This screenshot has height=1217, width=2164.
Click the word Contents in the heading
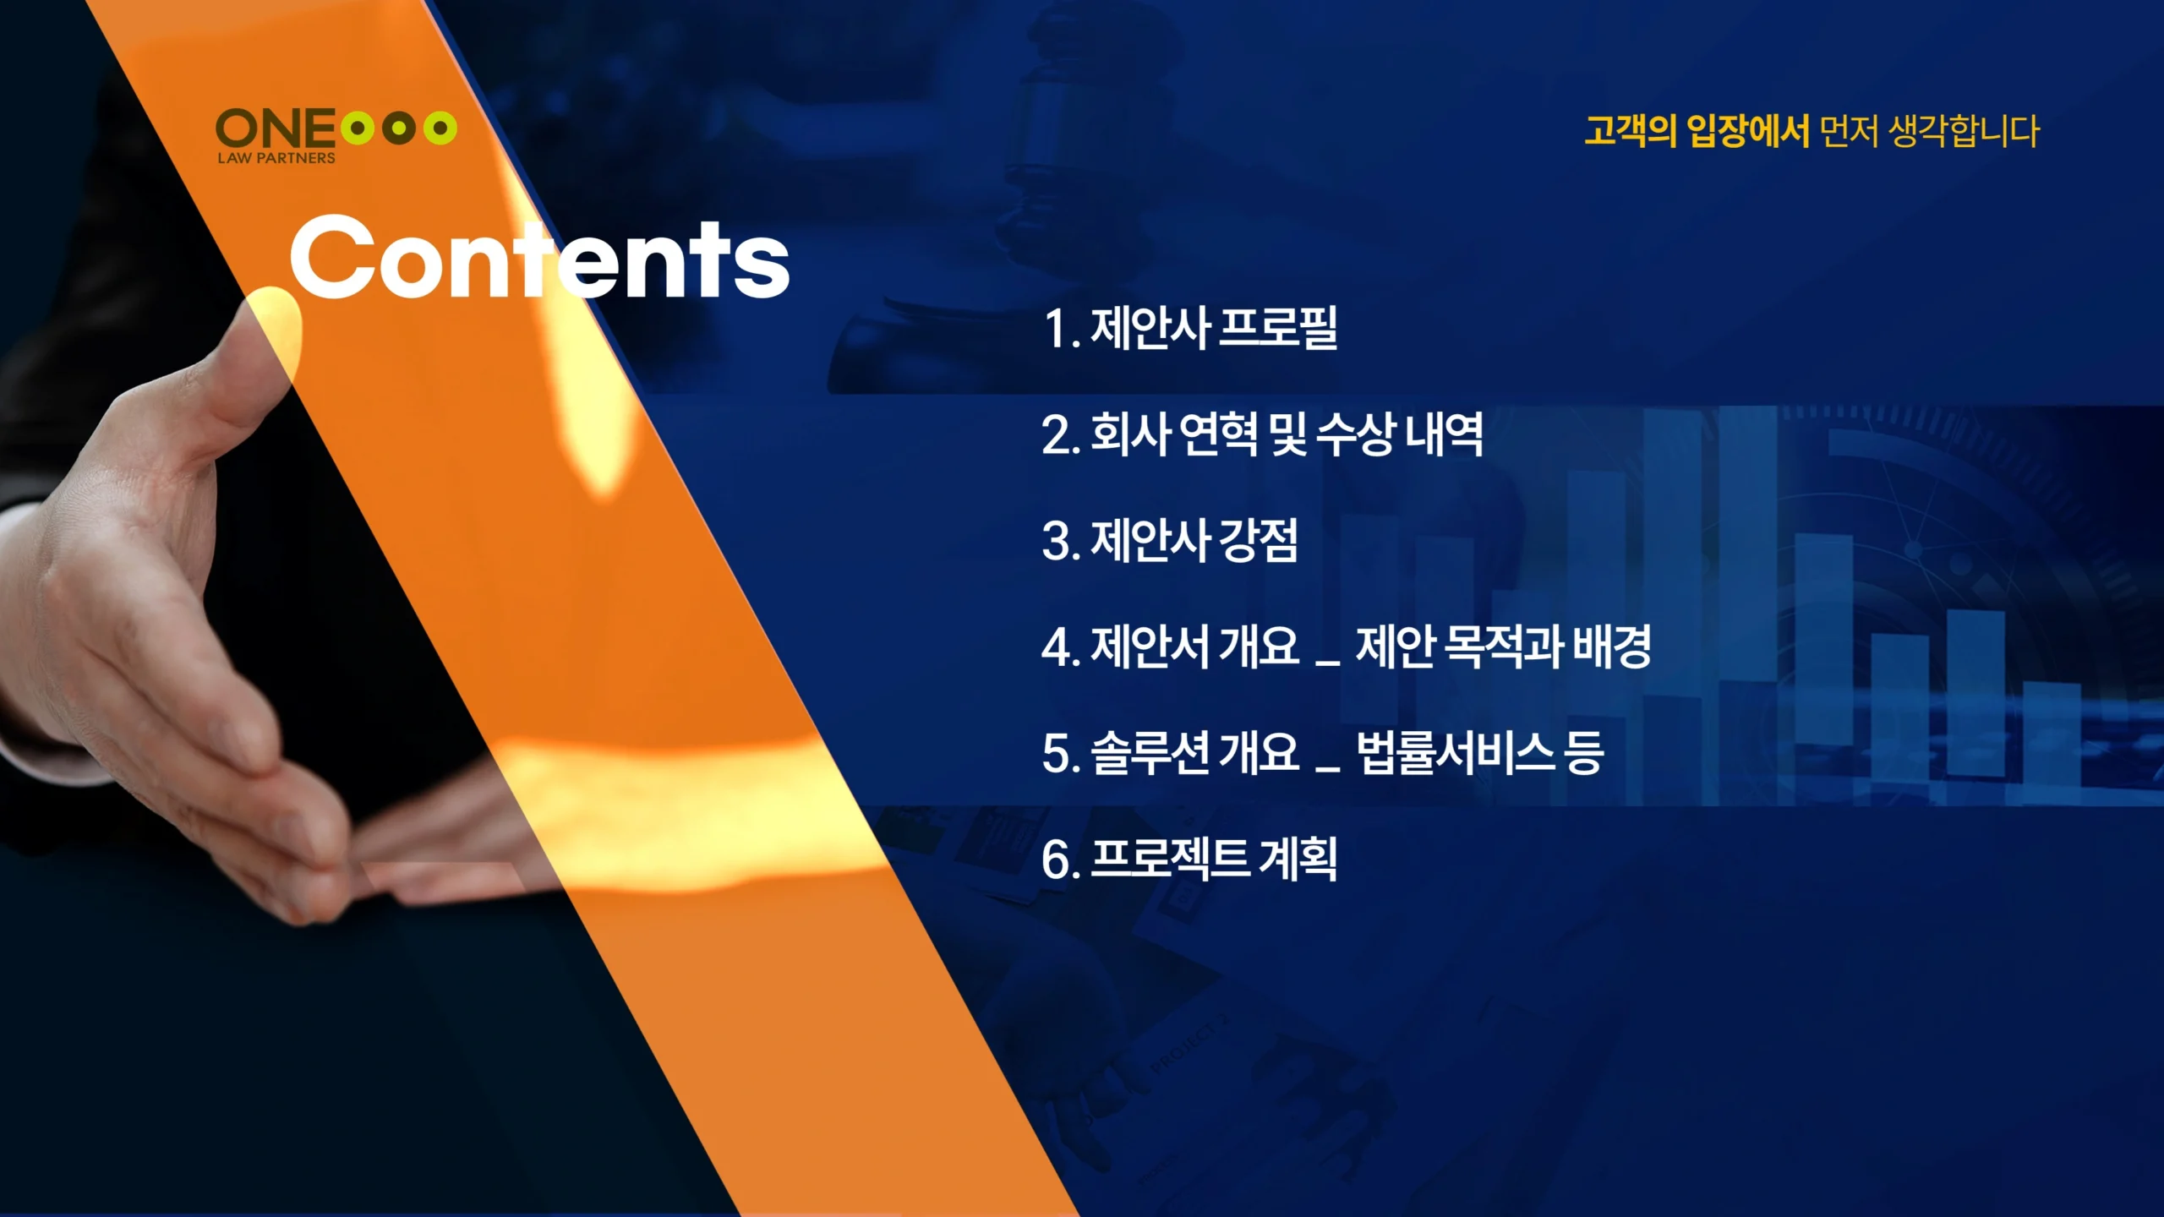[x=539, y=258]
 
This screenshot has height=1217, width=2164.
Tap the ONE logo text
[x=276, y=129]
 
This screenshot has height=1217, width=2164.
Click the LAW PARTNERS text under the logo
[x=276, y=158]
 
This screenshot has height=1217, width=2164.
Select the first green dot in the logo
[x=358, y=128]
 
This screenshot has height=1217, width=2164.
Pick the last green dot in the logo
[x=440, y=128]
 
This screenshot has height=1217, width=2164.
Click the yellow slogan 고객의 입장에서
[x=1697, y=131]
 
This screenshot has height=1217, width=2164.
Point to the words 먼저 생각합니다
[x=1930, y=131]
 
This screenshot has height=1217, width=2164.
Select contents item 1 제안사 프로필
[x=1190, y=328]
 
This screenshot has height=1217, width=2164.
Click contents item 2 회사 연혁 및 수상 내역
[x=1263, y=434]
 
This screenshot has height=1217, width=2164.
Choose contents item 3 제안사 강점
[x=1170, y=541]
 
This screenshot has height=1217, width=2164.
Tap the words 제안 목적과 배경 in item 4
[x=1503, y=647]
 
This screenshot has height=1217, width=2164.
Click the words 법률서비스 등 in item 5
[x=1479, y=753]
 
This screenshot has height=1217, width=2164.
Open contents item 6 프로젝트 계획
[x=1189, y=860]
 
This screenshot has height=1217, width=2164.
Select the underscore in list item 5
[x=1328, y=769]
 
